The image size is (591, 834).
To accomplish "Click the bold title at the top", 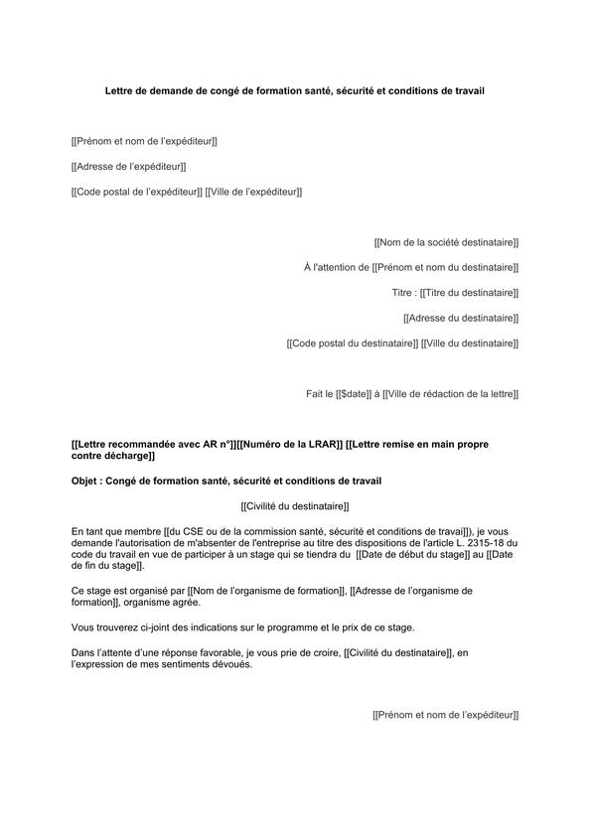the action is click(295, 90).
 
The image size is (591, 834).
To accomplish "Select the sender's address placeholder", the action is click(129, 167).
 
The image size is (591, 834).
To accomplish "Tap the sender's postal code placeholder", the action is click(137, 192).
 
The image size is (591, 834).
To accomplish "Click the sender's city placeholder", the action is click(253, 192).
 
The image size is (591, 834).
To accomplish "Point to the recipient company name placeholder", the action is click(446, 242).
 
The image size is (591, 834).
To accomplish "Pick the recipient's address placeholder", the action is click(461, 318).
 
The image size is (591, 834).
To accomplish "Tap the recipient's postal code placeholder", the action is click(352, 344).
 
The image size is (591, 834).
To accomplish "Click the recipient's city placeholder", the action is click(470, 344).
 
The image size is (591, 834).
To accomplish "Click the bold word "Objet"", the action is click(87, 482).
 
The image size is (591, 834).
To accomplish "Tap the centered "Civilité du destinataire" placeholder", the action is click(295, 506).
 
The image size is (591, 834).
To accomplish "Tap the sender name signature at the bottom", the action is click(446, 715).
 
